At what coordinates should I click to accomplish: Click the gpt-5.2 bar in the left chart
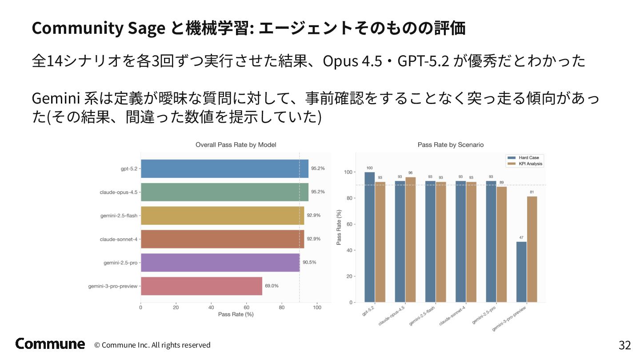(224, 169)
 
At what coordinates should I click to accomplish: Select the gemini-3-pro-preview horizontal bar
(201, 286)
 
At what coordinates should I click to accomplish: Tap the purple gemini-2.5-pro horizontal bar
(220, 262)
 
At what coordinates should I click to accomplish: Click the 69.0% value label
(272, 286)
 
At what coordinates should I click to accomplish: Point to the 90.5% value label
(309, 262)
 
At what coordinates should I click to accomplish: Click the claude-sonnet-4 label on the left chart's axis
(118, 239)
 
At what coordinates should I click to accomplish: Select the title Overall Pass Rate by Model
(236, 145)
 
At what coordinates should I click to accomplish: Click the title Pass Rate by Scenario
(451, 145)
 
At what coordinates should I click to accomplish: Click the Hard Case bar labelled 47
(521, 272)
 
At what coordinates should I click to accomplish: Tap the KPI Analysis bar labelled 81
(532, 249)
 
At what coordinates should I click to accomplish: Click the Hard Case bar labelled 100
(369, 237)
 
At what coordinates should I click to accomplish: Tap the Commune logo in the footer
(50, 344)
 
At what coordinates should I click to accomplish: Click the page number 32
(624, 345)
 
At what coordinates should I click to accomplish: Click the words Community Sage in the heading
(98, 28)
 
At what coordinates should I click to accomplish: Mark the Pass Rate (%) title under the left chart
(236, 315)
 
